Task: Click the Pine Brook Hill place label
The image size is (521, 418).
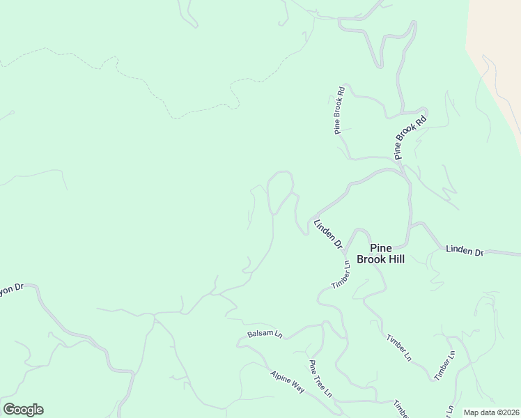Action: (380, 254)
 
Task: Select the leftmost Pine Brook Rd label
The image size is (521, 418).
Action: (339, 110)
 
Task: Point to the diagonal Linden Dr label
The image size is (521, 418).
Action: (328, 235)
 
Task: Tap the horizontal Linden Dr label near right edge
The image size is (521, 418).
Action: (465, 250)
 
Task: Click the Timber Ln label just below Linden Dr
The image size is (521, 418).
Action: (341, 275)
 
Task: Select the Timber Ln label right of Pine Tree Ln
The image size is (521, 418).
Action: (399, 348)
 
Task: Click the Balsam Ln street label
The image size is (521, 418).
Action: (265, 334)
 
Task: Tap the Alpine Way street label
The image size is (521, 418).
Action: (288, 382)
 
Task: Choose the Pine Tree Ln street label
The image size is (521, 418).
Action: (320, 378)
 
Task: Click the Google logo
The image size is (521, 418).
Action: (23, 410)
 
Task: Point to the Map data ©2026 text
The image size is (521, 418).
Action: (491, 412)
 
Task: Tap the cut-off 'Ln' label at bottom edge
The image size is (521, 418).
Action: (450, 410)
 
